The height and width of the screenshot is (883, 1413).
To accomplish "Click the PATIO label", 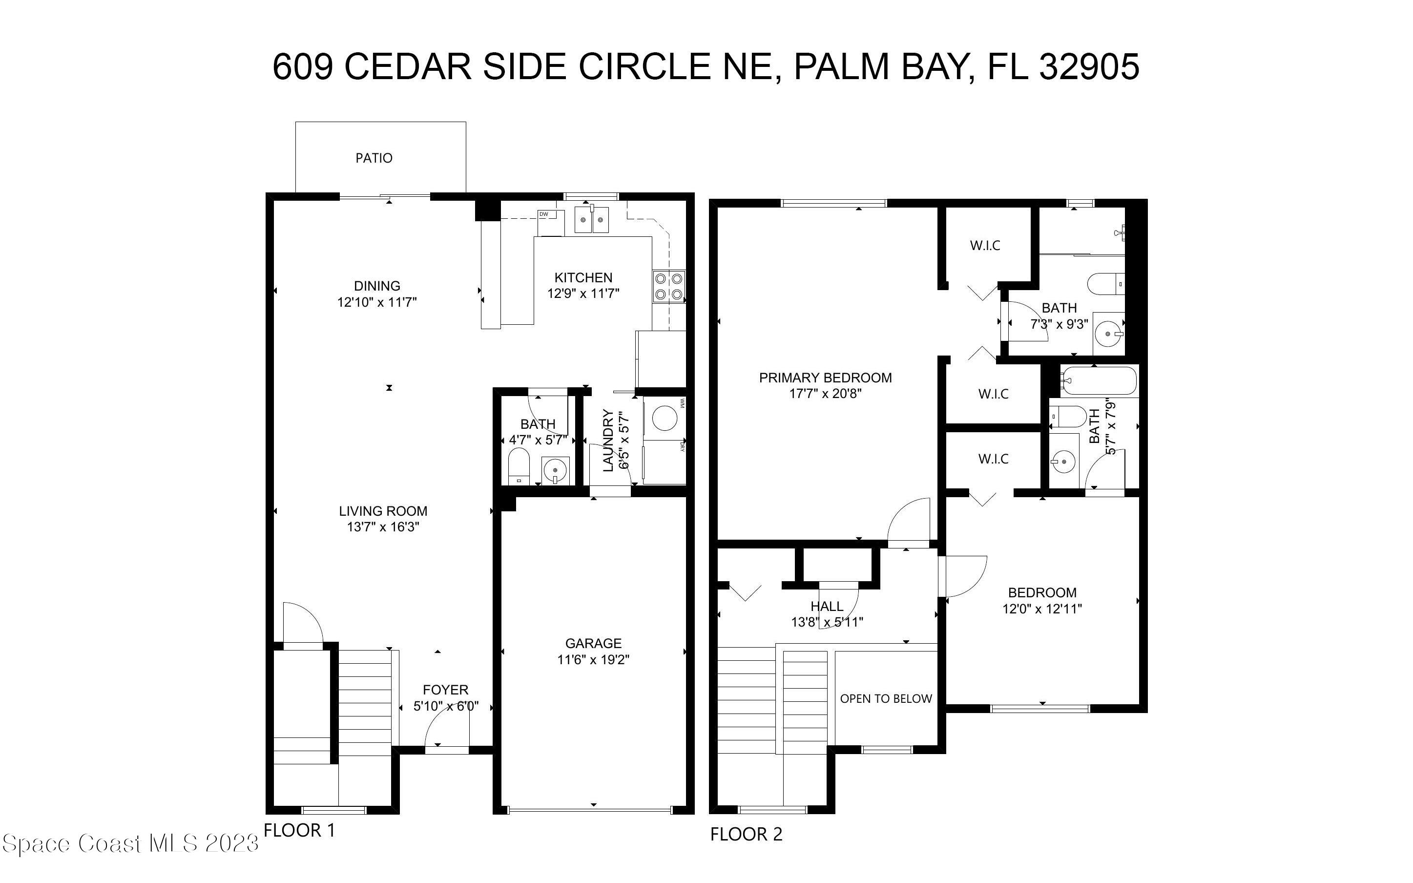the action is pyautogui.click(x=374, y=158).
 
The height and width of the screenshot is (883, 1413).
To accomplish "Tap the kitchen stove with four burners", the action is pyautogui.click(x=668, y=286).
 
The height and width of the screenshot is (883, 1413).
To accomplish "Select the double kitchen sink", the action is pyautogui.click(x=591, y=220).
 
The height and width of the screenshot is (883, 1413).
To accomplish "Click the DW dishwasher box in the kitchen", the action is pyautogui.click(x=550, y=221).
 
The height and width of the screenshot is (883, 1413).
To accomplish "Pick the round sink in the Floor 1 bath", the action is pyautogui.click(x=555, y=469).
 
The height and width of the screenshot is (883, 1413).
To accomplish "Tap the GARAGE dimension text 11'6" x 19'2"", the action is pyautogui.click(x=593, y=660).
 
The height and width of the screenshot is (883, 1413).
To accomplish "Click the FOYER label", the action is pyautogui.click(x=445, y=690).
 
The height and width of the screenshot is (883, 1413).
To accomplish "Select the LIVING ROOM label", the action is pyautogui.click(x=383, y=511).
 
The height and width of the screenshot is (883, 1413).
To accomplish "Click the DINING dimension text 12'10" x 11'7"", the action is pyautogui.click(x=377, y=302).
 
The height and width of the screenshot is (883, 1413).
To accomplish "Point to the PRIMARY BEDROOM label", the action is pyautogui.click(x=825, y=378).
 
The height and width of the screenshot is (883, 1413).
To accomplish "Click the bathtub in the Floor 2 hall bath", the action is pyautogui.click(x=1099, y=381).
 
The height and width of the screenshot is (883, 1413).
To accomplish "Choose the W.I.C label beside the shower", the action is pyautogui.click(x=985, y=245).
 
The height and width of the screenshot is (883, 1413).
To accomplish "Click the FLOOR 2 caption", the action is pyautogui.click(x=746, y=835).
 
